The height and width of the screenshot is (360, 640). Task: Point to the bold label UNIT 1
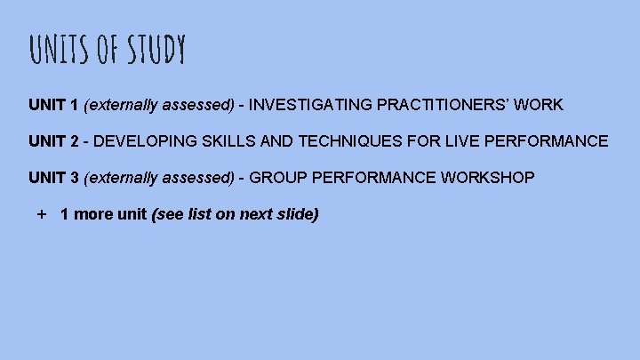point(53,105)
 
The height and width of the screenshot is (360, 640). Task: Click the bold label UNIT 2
point(53,141)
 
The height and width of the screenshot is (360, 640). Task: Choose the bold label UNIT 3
point(53,178)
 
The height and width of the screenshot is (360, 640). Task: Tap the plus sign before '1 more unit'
point(41,214)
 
